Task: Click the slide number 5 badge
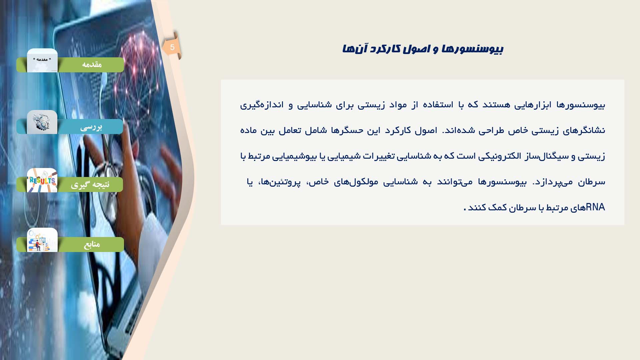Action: (x=172, y=47)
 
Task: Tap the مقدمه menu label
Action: (x=92, y=65)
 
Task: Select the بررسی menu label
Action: (x=91, y=127)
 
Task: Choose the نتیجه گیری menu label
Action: (x=90, y=185)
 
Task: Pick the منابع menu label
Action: (x=92, y=244)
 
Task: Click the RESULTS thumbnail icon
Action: (x=42, y=180)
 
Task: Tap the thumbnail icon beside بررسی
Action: (x=42, y=122)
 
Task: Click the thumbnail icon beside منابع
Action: (x=42, y=240)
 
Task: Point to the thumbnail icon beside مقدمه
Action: (x=42, y=60)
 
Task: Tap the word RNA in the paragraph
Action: (x=595, y=207)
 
